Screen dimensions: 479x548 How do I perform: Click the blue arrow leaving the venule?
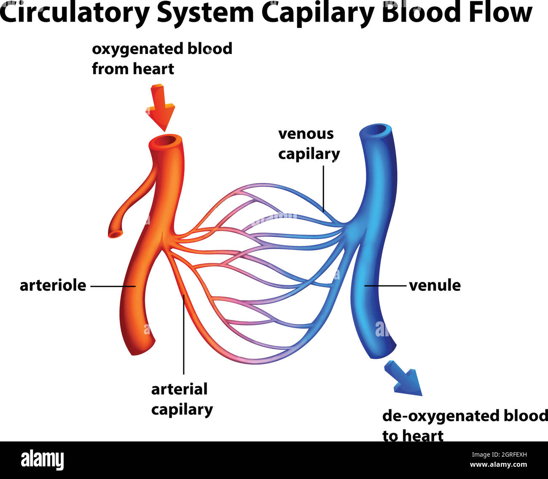[405, 379]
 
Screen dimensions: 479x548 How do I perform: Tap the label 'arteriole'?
[53, 286]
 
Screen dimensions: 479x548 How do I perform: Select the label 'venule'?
[435, 285]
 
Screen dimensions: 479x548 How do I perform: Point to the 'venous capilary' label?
[309, 143]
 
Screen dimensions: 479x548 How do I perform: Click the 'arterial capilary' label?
[182, 399]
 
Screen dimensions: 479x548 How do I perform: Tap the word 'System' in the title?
[205, 13]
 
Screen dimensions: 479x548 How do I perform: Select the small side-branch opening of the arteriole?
[115, 233]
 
